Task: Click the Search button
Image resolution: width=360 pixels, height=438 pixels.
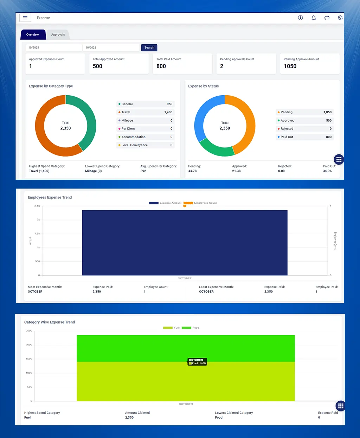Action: pyautogui.click(x=149, y=47)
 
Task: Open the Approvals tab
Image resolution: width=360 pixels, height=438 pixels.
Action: pyautogui.click(x=58, y=34)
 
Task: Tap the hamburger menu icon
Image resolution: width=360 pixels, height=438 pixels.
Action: pyautogui.click(x=25, y=18)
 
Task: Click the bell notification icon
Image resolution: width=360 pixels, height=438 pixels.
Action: pyautogui.click(x=314, y=18)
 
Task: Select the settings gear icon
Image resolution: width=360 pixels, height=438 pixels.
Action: pyautogui.click(x=340, y=18)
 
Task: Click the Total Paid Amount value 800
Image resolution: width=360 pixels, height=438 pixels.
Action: pyautogui.click(x=161, y=66)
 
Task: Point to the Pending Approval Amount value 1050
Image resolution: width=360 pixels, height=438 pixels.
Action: pyautogui.click(x=290, y=66)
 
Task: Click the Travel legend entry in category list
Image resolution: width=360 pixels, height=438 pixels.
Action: pyautogui.click(x=126, y=112)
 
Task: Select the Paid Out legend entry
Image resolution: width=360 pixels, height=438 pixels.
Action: pyautogui.click(x=287, y=137)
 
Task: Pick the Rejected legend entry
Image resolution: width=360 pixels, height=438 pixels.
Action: pyautogui.click(x=287, y=129)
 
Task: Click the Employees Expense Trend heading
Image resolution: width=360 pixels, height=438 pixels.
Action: pyautogui.click(x=50, y=197)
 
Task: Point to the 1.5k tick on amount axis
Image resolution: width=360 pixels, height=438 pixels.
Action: pyautogui.click(x=37, y=234)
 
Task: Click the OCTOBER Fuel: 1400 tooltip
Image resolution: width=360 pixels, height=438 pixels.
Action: pyautogui.click(x=197, y=362)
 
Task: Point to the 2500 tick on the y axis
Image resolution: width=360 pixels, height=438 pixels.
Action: pyautogui.click(x=29, y=331)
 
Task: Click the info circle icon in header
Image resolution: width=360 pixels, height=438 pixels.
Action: pyautogui.click(x=300, y=18)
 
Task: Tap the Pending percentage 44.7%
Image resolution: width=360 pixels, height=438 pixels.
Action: pyautogui.click(x=193, y=171)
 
